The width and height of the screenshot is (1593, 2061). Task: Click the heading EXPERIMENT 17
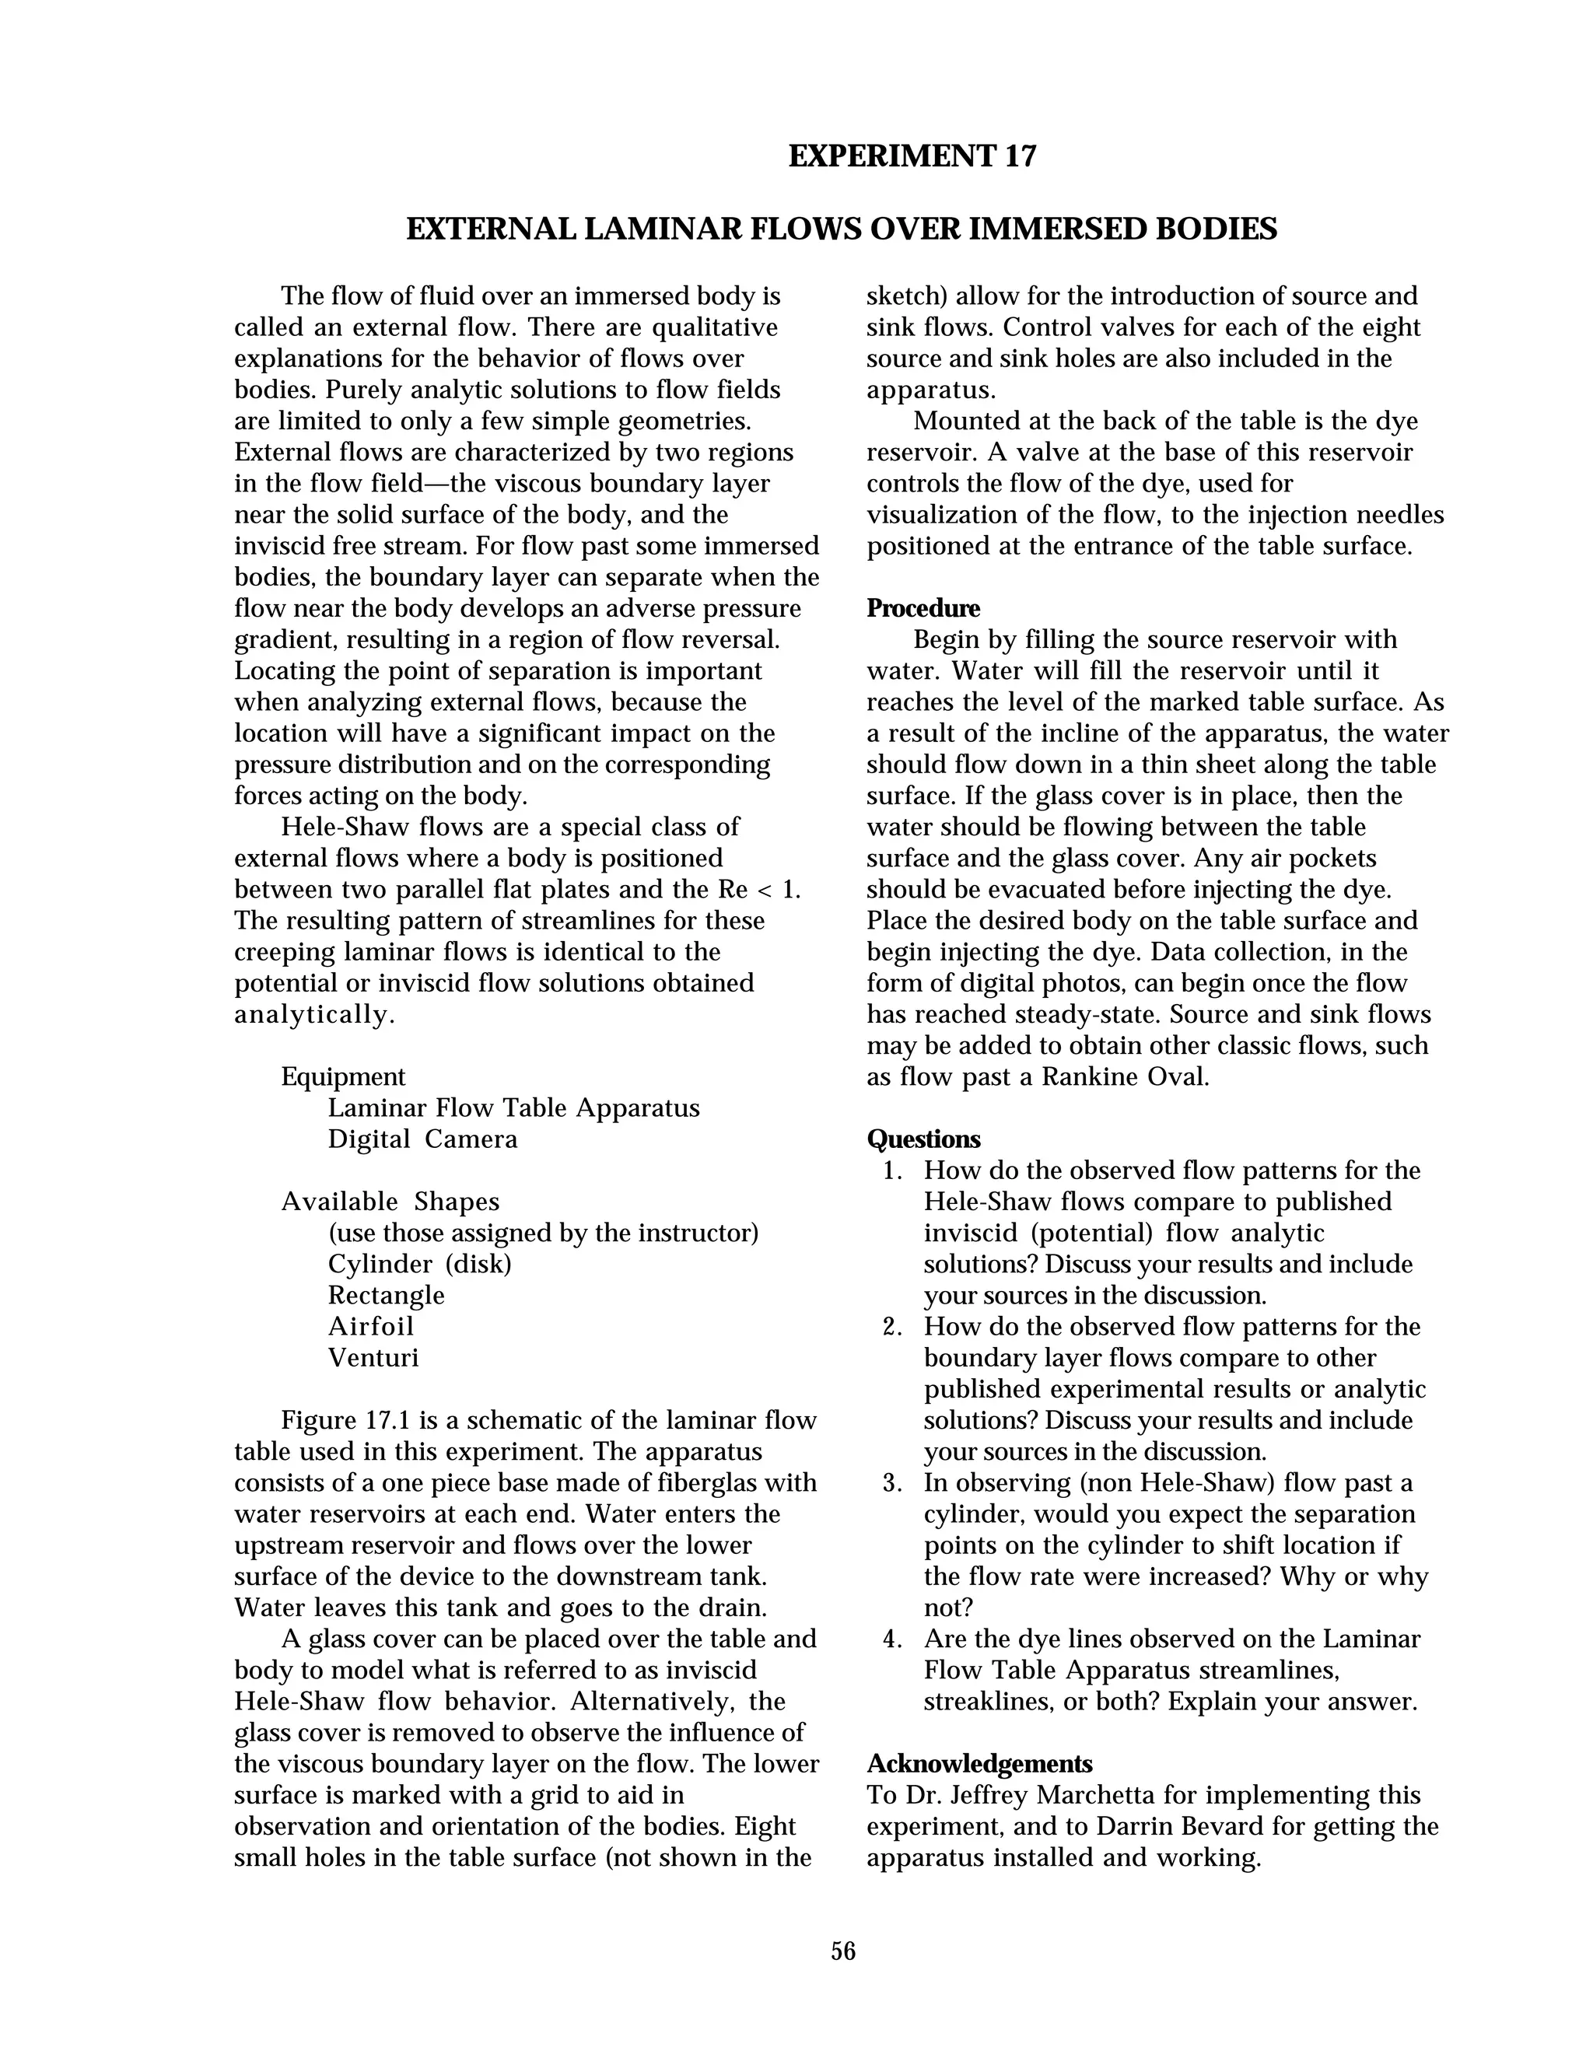pos(912,156)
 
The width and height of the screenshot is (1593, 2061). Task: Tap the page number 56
pos(842,1951)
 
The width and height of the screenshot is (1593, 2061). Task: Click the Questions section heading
pos(923,1139)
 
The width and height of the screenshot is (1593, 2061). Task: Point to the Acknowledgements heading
pos(979,1764)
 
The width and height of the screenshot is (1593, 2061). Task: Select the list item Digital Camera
pos(423,1139)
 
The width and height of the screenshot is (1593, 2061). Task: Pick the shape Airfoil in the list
pos(371,1326)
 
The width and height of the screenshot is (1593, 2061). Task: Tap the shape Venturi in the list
pos(373,1357)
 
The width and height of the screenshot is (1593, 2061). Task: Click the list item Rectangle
pos(386,1295)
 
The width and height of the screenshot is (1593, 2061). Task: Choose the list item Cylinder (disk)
pos(419,1264)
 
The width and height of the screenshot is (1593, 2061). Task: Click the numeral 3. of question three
pos(893,1482)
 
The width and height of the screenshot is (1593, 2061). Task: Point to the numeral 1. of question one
pos(893,1171)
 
